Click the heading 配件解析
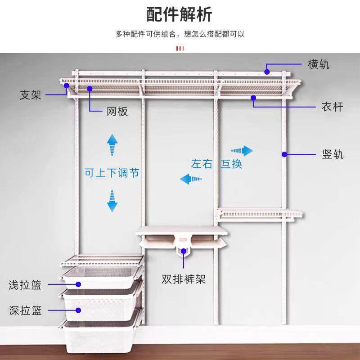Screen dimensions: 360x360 (179, 14)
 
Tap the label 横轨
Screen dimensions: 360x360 (319, 64)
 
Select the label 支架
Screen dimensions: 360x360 (31, 95)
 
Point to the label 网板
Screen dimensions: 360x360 (117, 112)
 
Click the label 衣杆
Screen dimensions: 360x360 (332, 107)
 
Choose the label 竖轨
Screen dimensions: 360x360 (333, 154)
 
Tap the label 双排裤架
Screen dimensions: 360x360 (184, 279)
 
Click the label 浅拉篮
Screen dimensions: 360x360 (25, 285)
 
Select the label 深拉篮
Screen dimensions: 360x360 (25, 310)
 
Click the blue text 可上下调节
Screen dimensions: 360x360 (112, 173)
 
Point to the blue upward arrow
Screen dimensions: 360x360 (112, 145)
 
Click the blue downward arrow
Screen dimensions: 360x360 (112, 201)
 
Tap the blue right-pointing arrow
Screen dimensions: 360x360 (242, 151)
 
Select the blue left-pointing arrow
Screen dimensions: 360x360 (191, 179)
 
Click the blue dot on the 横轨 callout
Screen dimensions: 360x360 (267, 72)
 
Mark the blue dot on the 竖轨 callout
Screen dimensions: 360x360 (284, 154)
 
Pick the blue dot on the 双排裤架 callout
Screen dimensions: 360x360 (184, 251)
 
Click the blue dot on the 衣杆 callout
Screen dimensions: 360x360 (253, 98)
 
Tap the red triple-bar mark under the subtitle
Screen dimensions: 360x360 (180, 49)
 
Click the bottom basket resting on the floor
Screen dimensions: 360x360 (99, 337)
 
